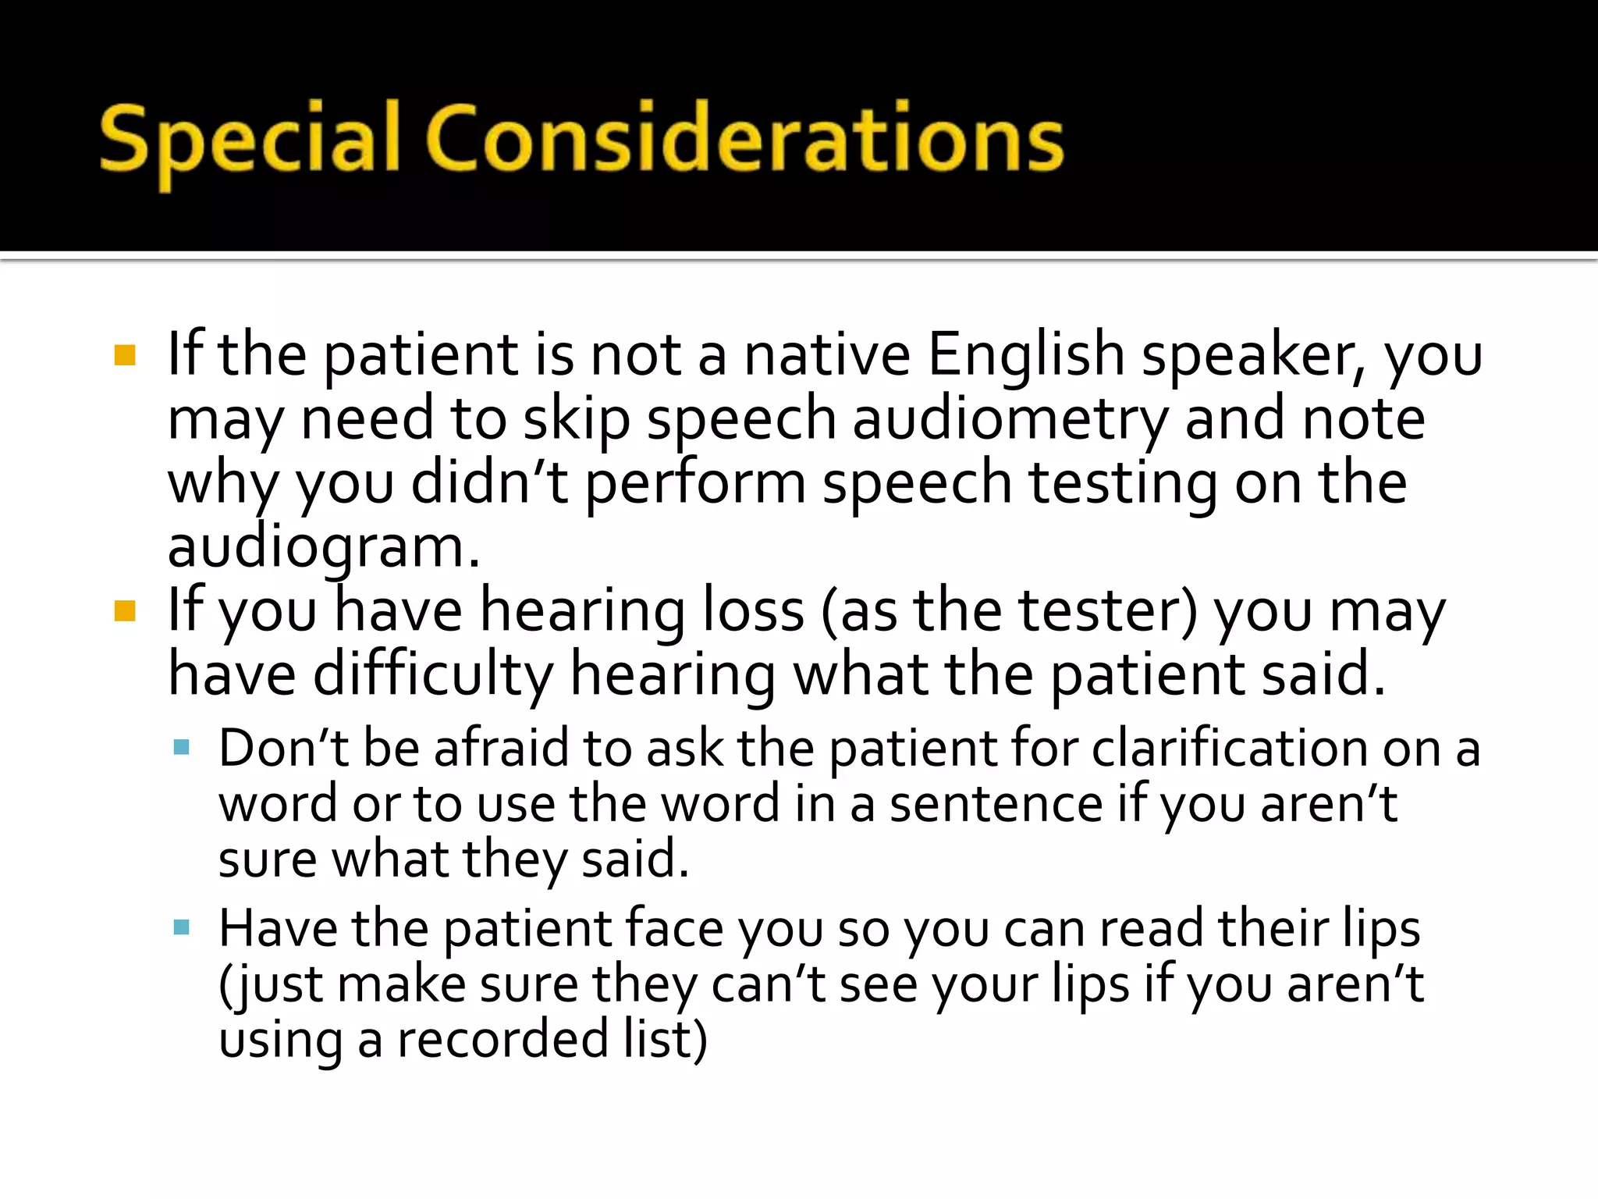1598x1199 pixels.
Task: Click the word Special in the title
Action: (x=250, y=141)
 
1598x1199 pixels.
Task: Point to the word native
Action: (x=827, y=355)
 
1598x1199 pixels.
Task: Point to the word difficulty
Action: (x=433, y=675)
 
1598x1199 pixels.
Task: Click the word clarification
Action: (x=1229, y=748)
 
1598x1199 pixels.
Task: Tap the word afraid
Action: (x=502, y=748)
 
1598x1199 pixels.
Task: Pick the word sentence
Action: (x=996, y=804)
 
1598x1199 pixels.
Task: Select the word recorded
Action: (x=502, y=1040)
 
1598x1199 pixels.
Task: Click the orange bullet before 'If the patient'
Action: (x=125, y=355)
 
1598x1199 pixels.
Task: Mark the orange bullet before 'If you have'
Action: (x=125, y=610)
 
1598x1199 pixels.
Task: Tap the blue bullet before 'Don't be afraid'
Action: (x=182, y=748)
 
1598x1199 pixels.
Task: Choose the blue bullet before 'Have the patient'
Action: (x=182, y=927)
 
